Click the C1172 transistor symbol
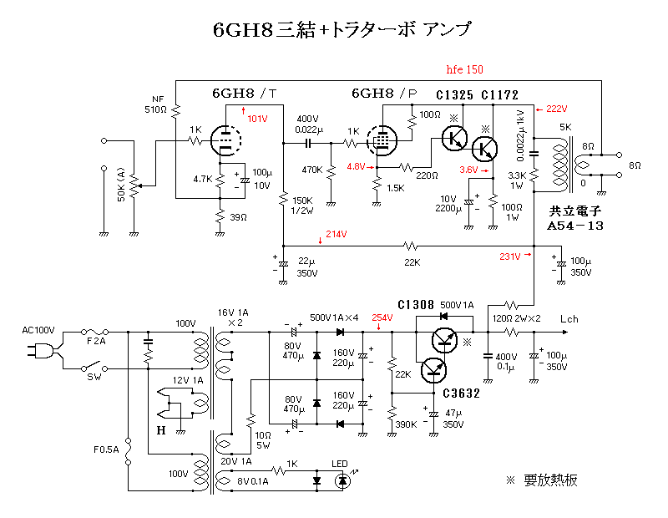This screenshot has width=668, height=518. coord(483,150)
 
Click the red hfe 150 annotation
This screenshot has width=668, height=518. coord(464,69)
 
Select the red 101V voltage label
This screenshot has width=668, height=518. coord(257,119)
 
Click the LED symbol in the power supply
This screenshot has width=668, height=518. coord(342,480)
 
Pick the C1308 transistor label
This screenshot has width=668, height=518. coord(415,305)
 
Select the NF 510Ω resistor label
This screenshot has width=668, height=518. coord(157,104)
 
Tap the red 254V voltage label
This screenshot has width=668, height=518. coord(382,317)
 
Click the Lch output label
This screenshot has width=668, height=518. coord(569,319)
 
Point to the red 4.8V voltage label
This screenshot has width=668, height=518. coord(357,166)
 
